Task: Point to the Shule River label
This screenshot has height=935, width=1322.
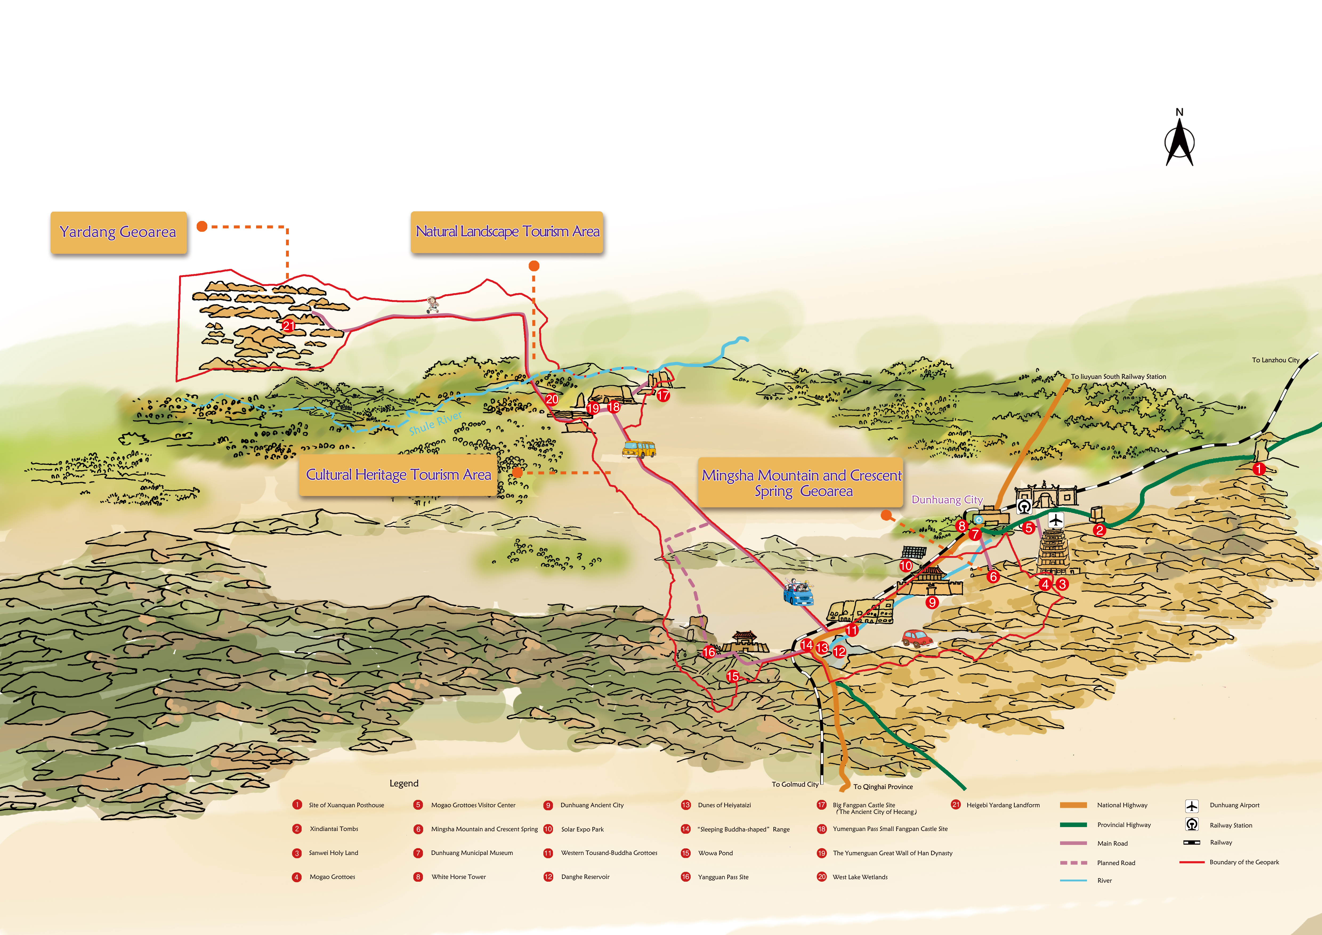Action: (435, 423)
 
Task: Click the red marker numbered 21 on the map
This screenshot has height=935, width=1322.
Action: (288, 326)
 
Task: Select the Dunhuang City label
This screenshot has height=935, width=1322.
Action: (947, 500)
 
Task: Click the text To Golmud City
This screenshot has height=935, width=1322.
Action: (795, 784)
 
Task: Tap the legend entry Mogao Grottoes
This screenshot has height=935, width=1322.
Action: (332, 877)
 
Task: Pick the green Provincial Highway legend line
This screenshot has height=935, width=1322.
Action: (1073, 824)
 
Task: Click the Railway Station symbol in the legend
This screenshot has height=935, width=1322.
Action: (1192, 824)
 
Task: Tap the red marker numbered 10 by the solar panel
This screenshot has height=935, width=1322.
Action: (906, 566)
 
